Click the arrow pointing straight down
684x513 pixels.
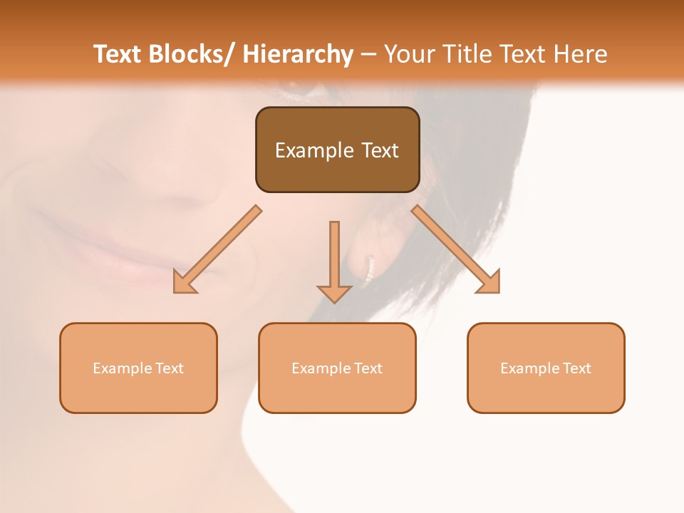coord(334,261)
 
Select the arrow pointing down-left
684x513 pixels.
coord(217,249)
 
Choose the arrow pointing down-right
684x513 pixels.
coord(456,249)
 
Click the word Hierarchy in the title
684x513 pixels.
coord(298,54)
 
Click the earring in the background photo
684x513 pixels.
coord(369,269)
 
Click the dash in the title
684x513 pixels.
coord(368,55)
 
